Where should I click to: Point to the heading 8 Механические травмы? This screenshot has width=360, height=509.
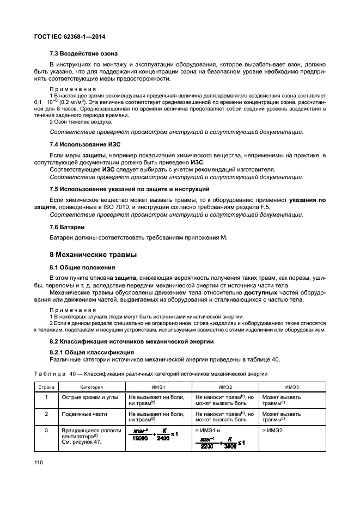93,254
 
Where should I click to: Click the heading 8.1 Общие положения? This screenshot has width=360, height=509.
82,267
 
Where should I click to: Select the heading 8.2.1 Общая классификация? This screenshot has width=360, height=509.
89,352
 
